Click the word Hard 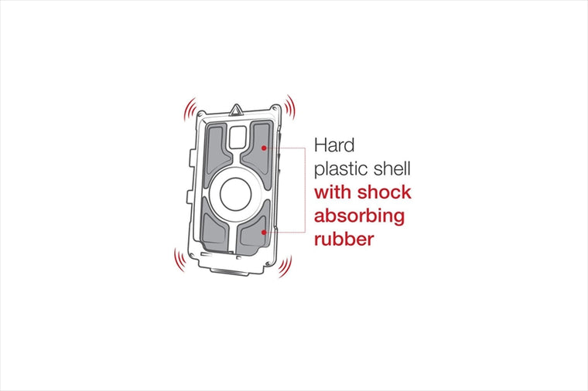(334, 145)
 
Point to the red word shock (384, 192)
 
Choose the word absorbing (359, 216)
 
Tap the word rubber (344, 239)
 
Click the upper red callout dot (264, 148)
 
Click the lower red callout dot (264, 232)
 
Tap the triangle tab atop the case (235, 110)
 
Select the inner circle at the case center (235, 194)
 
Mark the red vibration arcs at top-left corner (190, 109)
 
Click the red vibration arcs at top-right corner (289, 107)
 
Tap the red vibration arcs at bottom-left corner (179, 260)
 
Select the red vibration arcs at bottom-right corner (285, 267)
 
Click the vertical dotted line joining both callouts (306, 190)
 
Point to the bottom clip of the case (230, 271)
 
